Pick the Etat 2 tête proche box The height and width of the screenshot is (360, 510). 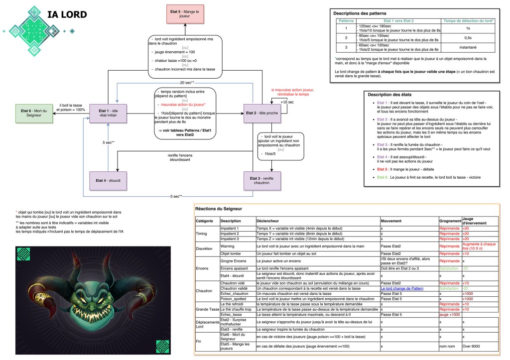point(263,113)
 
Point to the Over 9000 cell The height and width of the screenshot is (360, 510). point(471,346)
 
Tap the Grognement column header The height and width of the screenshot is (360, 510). point(450,220)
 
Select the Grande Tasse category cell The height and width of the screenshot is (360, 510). point(207,309)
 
